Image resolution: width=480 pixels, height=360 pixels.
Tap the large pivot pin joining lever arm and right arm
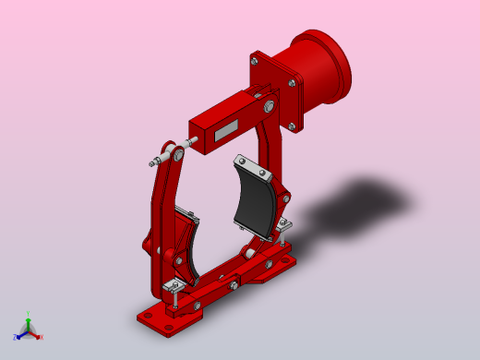click(268, 108)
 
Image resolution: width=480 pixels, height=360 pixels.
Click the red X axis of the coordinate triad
click(38, 335)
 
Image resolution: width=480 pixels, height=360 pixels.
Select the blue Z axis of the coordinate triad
click(18, 336)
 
